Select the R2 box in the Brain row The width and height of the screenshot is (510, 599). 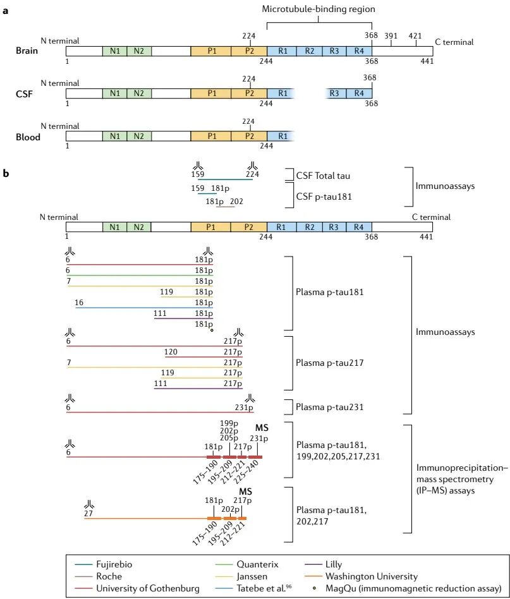pos(310,51)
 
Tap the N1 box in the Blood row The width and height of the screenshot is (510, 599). pos(114,135)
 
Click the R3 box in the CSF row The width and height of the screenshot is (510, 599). pos(335,93)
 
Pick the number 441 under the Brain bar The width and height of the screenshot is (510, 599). pos(427,62)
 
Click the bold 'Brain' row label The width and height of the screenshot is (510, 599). pos(28,51)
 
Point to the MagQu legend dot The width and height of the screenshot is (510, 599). pos(316,588)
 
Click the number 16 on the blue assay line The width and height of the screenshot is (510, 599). pos(79,303)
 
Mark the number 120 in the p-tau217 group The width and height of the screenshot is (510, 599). pos(170,352)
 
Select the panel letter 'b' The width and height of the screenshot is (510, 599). pos(6,170)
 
